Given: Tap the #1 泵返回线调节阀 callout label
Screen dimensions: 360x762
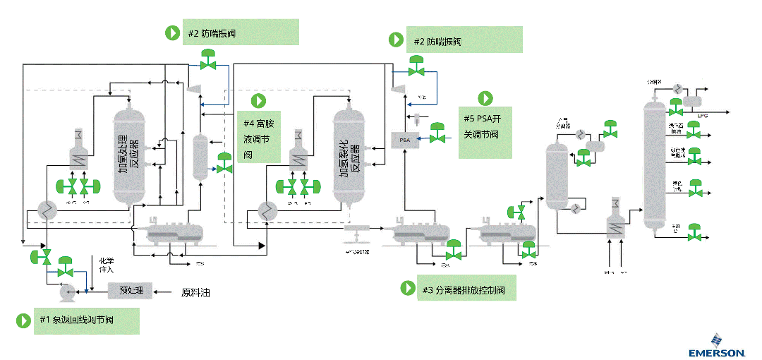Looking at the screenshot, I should [77, 320].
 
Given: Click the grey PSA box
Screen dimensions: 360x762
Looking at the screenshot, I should [405, 140].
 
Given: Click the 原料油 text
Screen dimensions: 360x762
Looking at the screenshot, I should [195, 292].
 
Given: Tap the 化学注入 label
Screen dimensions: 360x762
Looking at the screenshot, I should [107, 265].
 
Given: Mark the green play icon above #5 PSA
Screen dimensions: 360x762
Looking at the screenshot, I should [485, 98].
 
